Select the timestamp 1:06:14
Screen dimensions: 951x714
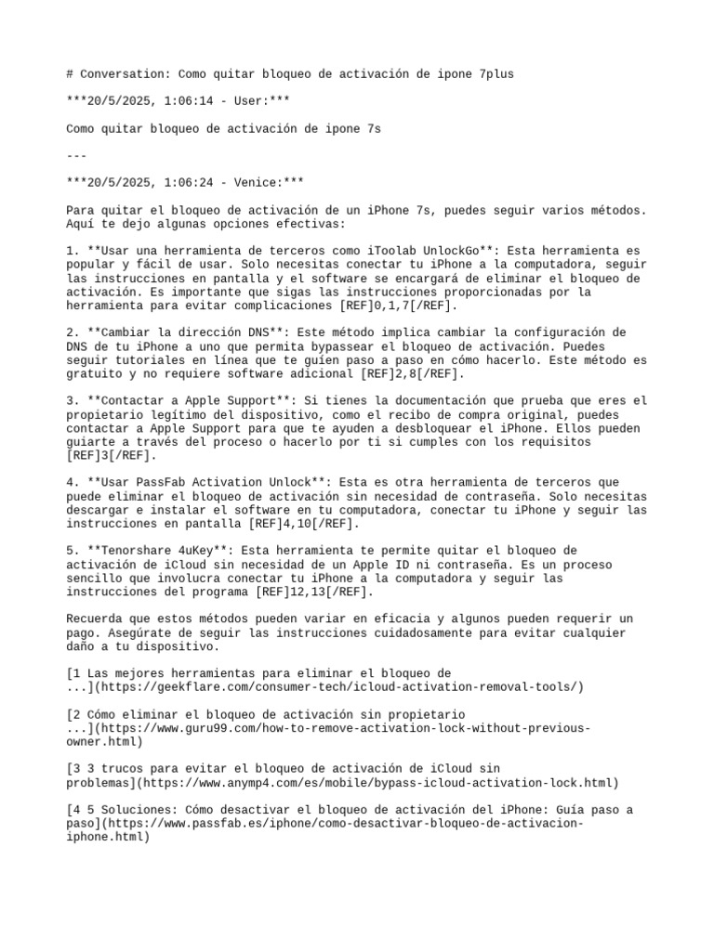click(161, 101)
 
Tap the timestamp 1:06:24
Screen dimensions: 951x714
click(161, 182)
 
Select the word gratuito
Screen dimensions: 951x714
click(98, 373)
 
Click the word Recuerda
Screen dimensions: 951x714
click(98, 619)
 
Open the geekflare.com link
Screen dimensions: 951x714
click(339, 686)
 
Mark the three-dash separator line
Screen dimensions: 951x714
click(78, 155)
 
